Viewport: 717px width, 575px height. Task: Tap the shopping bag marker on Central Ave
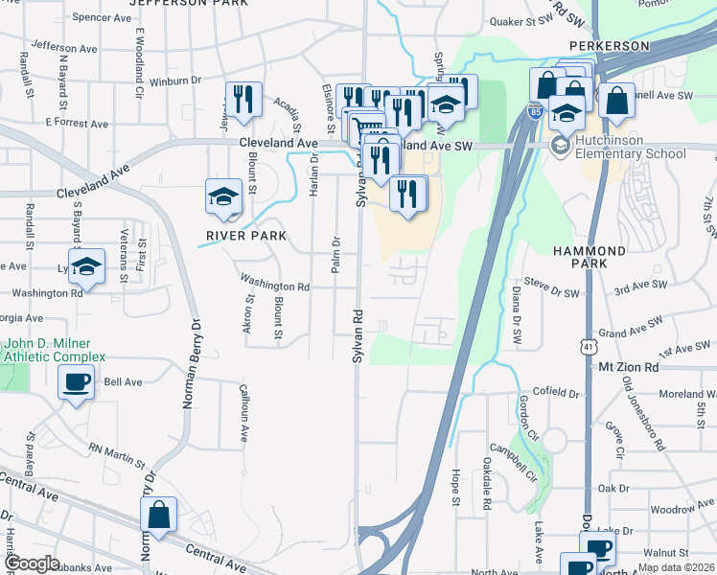[158, 516]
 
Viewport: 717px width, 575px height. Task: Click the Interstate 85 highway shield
[533, 112]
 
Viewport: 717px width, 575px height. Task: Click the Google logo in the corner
[31, 563]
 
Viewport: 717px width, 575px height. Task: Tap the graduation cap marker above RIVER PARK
[223, 196]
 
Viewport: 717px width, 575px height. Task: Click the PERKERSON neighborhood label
[609, 46]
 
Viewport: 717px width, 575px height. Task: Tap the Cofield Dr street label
[558, 392]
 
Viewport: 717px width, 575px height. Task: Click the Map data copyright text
[677, 567]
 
